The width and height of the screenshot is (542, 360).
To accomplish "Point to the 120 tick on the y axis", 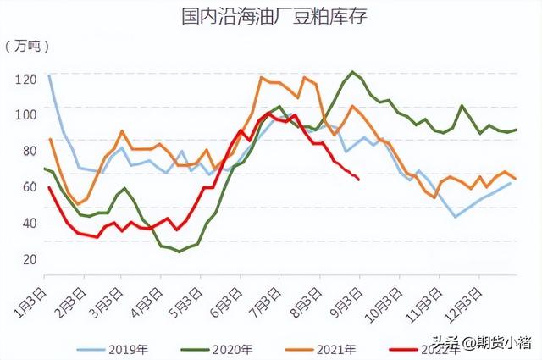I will [26, 79].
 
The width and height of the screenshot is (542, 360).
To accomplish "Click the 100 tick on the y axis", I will [26, 114].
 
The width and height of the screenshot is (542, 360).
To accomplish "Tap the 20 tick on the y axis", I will [28, 259].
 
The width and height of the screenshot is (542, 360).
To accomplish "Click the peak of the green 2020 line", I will [352, 72].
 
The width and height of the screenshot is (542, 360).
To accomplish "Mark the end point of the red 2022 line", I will [359, 180].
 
